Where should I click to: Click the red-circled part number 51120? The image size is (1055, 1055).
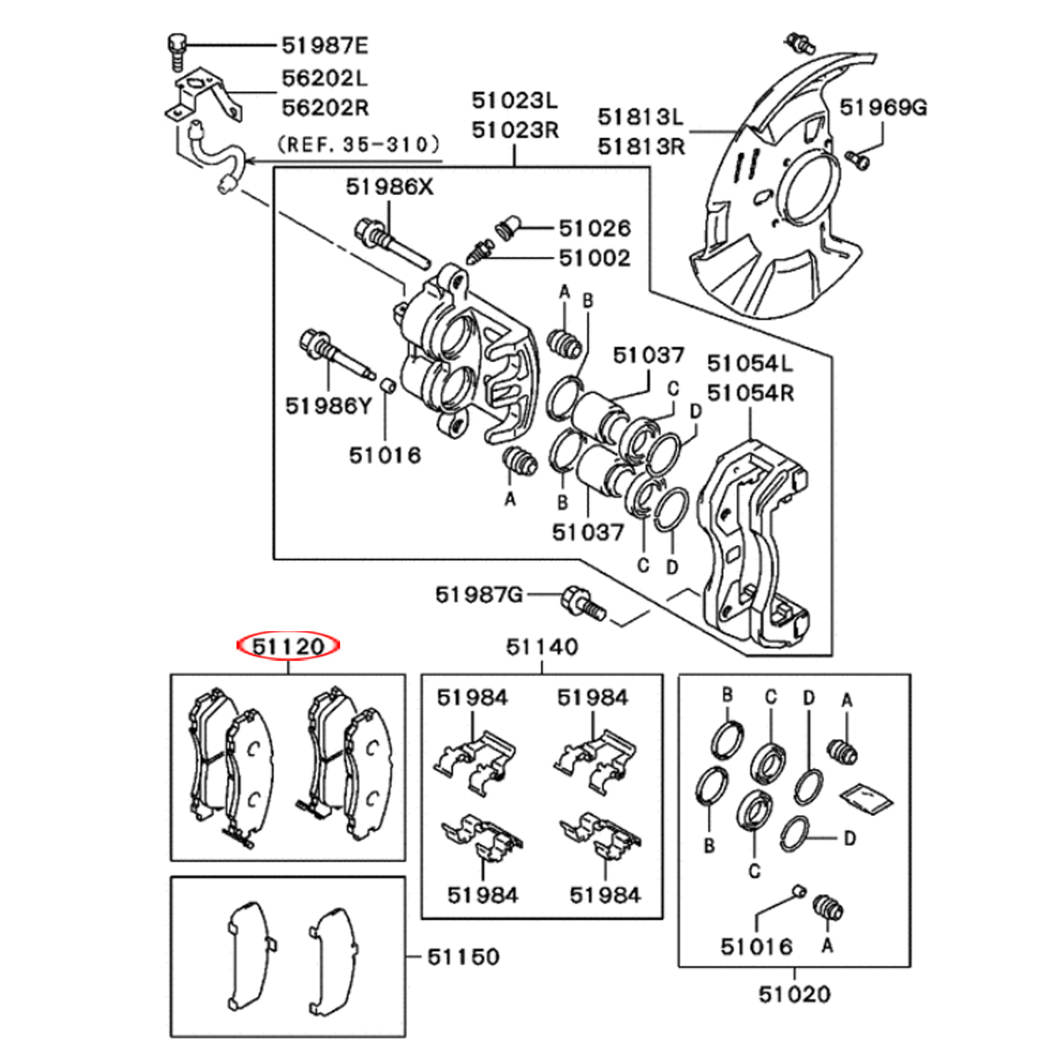288,647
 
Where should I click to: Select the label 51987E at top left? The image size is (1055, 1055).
325,45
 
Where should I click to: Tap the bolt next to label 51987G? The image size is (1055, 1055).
582,602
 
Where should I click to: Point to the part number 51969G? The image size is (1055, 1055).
883,107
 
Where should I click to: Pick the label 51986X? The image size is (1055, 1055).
389,186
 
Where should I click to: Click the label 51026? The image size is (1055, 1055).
594,229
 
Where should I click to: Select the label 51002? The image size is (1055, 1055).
594,258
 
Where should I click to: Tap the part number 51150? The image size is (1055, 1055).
463,957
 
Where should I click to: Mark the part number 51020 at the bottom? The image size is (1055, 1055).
794,994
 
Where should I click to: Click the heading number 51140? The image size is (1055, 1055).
542,647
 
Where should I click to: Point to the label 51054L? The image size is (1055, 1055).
750,362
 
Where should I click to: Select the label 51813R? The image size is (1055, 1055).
641,145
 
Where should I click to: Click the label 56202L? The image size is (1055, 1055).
325,78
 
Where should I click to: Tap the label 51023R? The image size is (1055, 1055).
515,130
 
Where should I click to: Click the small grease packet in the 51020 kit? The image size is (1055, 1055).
867,797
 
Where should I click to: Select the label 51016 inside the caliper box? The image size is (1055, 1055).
385,455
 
